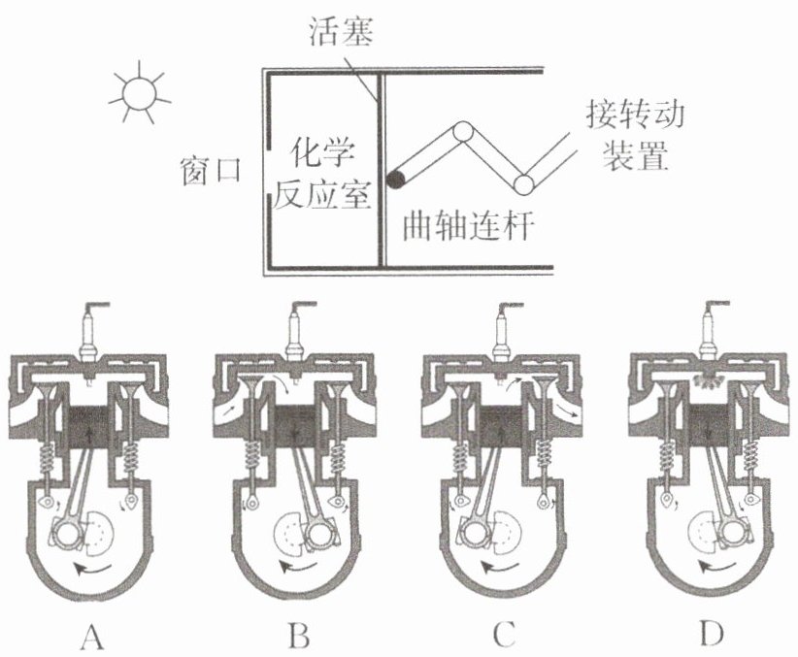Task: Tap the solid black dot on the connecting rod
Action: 396,179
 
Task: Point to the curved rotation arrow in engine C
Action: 500,563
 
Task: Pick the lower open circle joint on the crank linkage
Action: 525,182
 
